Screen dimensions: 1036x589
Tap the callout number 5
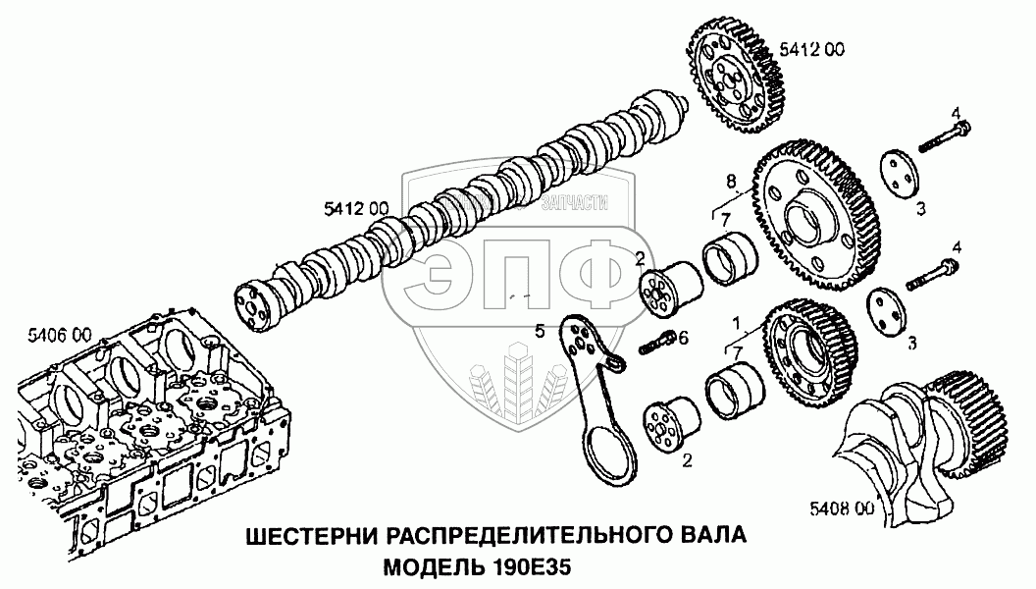tap(540, 331)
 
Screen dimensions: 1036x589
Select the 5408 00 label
tap(841, 509)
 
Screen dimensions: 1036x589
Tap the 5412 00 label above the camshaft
tap(356, 207)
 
